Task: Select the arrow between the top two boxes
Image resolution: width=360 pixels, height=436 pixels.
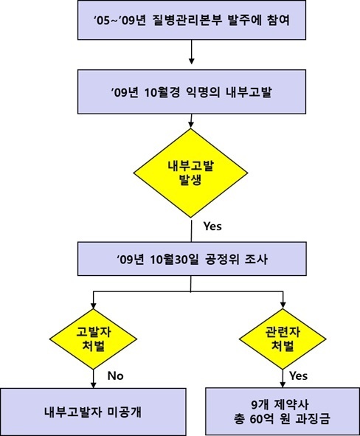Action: (191, 52)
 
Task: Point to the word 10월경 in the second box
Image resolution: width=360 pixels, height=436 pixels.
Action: (162, 92)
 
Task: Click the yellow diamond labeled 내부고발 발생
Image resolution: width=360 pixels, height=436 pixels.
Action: (191, 173)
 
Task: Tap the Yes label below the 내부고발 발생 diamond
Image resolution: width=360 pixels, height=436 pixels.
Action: (212, 226)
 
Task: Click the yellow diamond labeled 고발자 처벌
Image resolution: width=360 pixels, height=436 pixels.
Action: (93, 339)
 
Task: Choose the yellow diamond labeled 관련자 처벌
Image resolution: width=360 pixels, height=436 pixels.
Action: (283, 339)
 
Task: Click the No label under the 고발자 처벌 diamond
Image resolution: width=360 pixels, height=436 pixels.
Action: (115, 376)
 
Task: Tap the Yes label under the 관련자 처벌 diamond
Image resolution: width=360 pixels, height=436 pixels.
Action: (298, 376)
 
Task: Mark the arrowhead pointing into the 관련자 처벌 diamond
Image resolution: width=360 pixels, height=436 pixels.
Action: (283, 305)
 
